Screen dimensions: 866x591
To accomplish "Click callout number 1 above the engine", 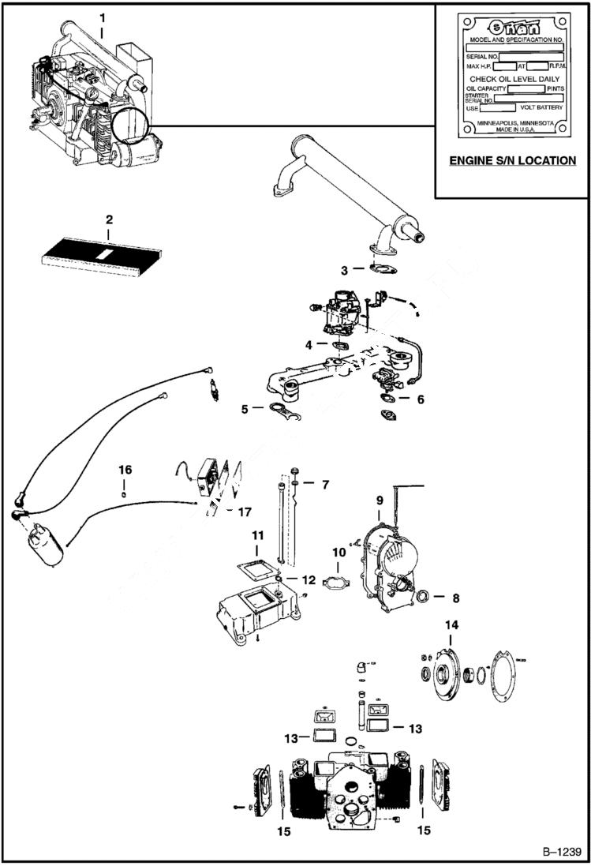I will tap(101, 17).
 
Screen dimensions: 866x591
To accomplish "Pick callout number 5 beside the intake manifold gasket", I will tap(245, 409).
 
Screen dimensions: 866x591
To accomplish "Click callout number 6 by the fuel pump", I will tap(421, 399).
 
